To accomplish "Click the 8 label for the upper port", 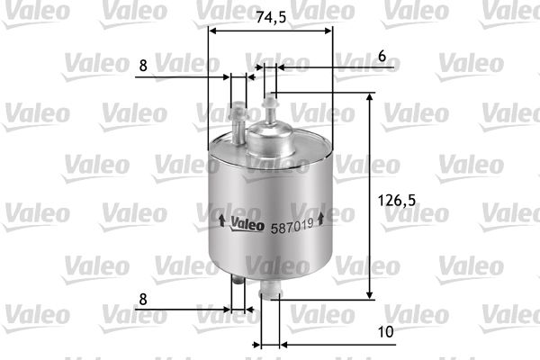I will pos(143,66).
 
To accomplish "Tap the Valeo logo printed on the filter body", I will pos(247,222).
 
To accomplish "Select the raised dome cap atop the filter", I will pos(272,137).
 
